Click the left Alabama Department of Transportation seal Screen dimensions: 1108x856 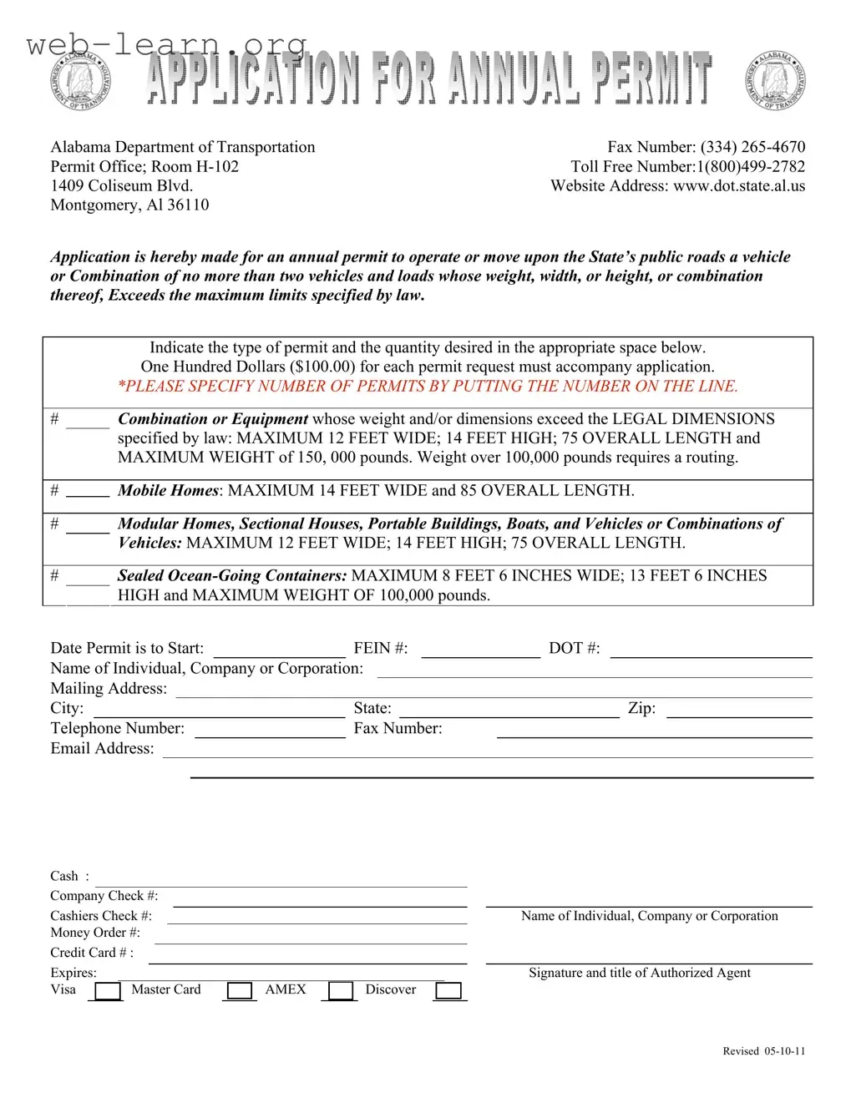(80, 79)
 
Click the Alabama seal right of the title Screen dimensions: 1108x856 (777, 80)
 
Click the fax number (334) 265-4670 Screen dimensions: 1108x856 (752, 147)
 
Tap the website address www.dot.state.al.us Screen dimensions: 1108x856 (738, 185)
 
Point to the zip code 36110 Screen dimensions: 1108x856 (188, 205)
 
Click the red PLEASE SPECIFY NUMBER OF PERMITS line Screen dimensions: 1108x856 (428, 386)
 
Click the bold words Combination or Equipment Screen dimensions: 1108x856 (213, 418)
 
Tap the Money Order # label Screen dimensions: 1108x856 (94, 933)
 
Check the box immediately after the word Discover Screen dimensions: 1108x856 (448, 991)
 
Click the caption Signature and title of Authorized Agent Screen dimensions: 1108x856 (640, 973)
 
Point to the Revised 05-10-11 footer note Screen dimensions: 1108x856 (763, 1051)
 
